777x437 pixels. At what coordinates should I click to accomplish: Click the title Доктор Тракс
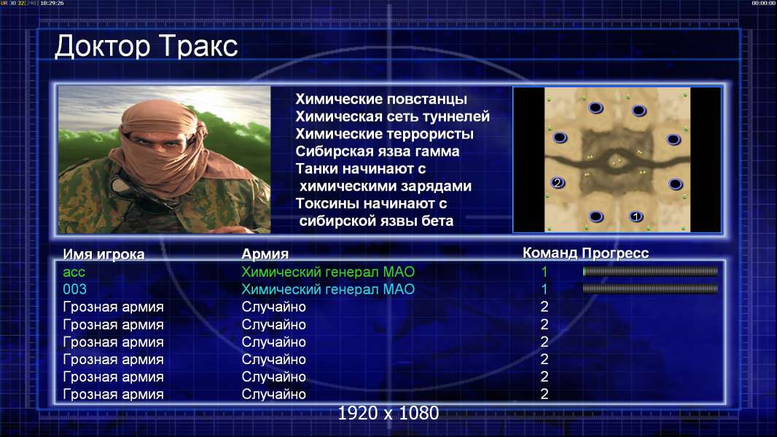coord(147,47)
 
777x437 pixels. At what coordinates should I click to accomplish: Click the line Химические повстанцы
coord(381,99)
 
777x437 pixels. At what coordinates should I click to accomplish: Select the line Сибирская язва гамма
coord(378,151)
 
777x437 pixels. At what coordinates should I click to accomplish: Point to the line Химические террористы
coord(385,134)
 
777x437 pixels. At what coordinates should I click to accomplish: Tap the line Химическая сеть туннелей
coord(392,117)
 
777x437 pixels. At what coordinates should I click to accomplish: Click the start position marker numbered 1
coord(636,216)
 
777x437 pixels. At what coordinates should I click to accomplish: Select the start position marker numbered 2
coord(558,183)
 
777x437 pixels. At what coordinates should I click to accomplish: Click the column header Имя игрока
coord(104,254)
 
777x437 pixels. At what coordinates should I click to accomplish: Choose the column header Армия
coord(265,254)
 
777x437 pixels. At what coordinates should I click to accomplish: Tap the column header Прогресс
coord(615,253)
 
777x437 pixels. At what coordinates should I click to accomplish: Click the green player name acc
coord(74,272)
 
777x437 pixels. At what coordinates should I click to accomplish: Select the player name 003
coord(74,289)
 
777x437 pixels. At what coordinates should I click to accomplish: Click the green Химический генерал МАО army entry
coord(328,272)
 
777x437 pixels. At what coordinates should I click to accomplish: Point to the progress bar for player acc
coord(650,271)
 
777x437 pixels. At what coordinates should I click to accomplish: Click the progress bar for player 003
coord(650,288)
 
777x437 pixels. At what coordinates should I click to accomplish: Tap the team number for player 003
coord(544,289)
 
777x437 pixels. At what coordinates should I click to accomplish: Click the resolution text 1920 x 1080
coord(388,413)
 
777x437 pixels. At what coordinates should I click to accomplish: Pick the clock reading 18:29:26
coord(52,3)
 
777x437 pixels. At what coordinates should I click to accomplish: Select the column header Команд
coord(550,253)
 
